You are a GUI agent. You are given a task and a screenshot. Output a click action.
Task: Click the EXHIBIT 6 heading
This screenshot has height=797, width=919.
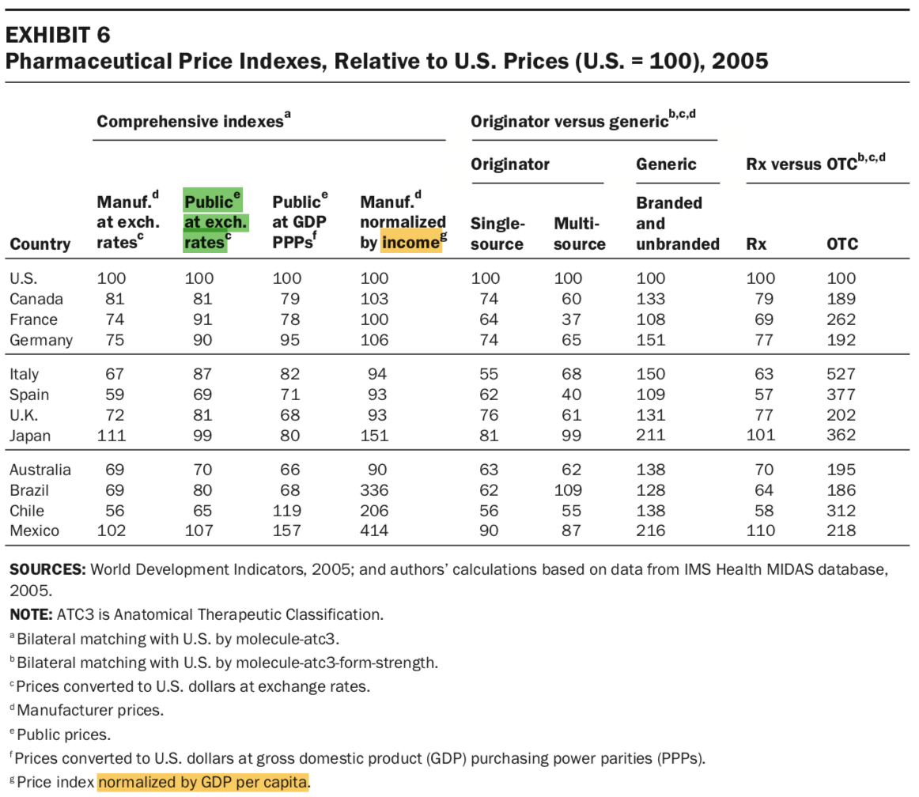click(x=59, y=35)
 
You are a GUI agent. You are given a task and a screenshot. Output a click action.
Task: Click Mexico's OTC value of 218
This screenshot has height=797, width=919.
click(x=841, y=531)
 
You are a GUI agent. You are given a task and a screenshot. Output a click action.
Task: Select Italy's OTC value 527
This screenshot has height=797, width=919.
click(x=841, y=374)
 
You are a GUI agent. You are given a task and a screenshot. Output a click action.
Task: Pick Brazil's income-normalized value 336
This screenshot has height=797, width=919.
click(x=374, y=490)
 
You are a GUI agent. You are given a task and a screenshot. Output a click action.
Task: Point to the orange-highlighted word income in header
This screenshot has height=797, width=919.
click(x=411, y=243)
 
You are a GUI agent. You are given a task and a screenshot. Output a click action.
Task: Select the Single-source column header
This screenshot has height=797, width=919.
click(x=497, y=233)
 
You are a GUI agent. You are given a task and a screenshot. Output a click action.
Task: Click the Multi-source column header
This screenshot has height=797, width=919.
click(x=579, y=233)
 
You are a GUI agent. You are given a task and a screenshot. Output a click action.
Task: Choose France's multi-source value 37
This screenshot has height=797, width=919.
click(x=572, y=319)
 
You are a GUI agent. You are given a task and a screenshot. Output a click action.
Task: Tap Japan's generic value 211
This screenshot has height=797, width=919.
click(x=652, y=435)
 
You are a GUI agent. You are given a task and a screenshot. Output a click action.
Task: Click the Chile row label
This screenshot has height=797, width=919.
click(x=27, y=511)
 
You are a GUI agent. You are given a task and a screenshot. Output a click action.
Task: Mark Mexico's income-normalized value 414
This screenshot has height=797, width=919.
click(x=374, y=531)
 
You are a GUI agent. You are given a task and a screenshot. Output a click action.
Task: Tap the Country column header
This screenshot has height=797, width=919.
click(x=40, y=244)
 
